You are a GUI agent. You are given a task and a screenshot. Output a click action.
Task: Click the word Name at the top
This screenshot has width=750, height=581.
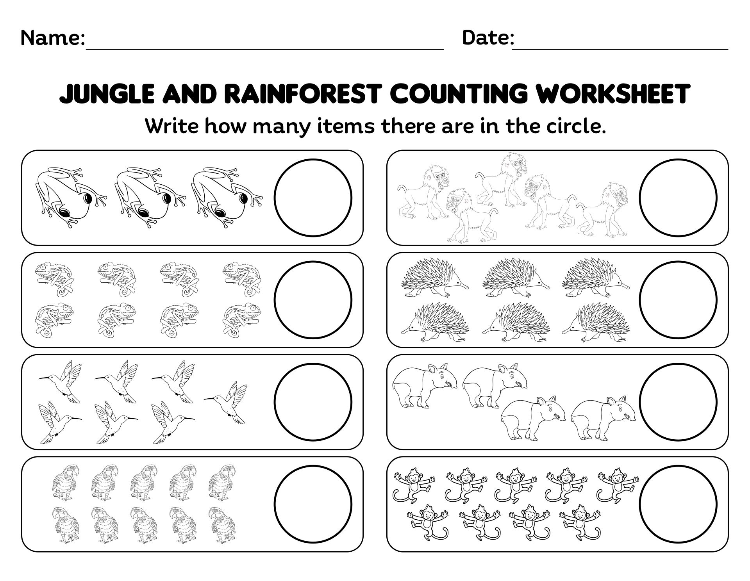(52, 38)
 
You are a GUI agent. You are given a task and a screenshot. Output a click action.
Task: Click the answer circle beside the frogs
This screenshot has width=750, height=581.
(313, 198)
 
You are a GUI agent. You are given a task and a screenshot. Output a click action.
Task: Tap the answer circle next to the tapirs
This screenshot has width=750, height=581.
(678, 402)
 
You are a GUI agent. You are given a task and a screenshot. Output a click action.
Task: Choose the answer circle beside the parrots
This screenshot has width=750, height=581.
(313, 504)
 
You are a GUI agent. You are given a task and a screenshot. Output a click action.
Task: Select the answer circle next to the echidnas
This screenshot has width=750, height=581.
(678, 300)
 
